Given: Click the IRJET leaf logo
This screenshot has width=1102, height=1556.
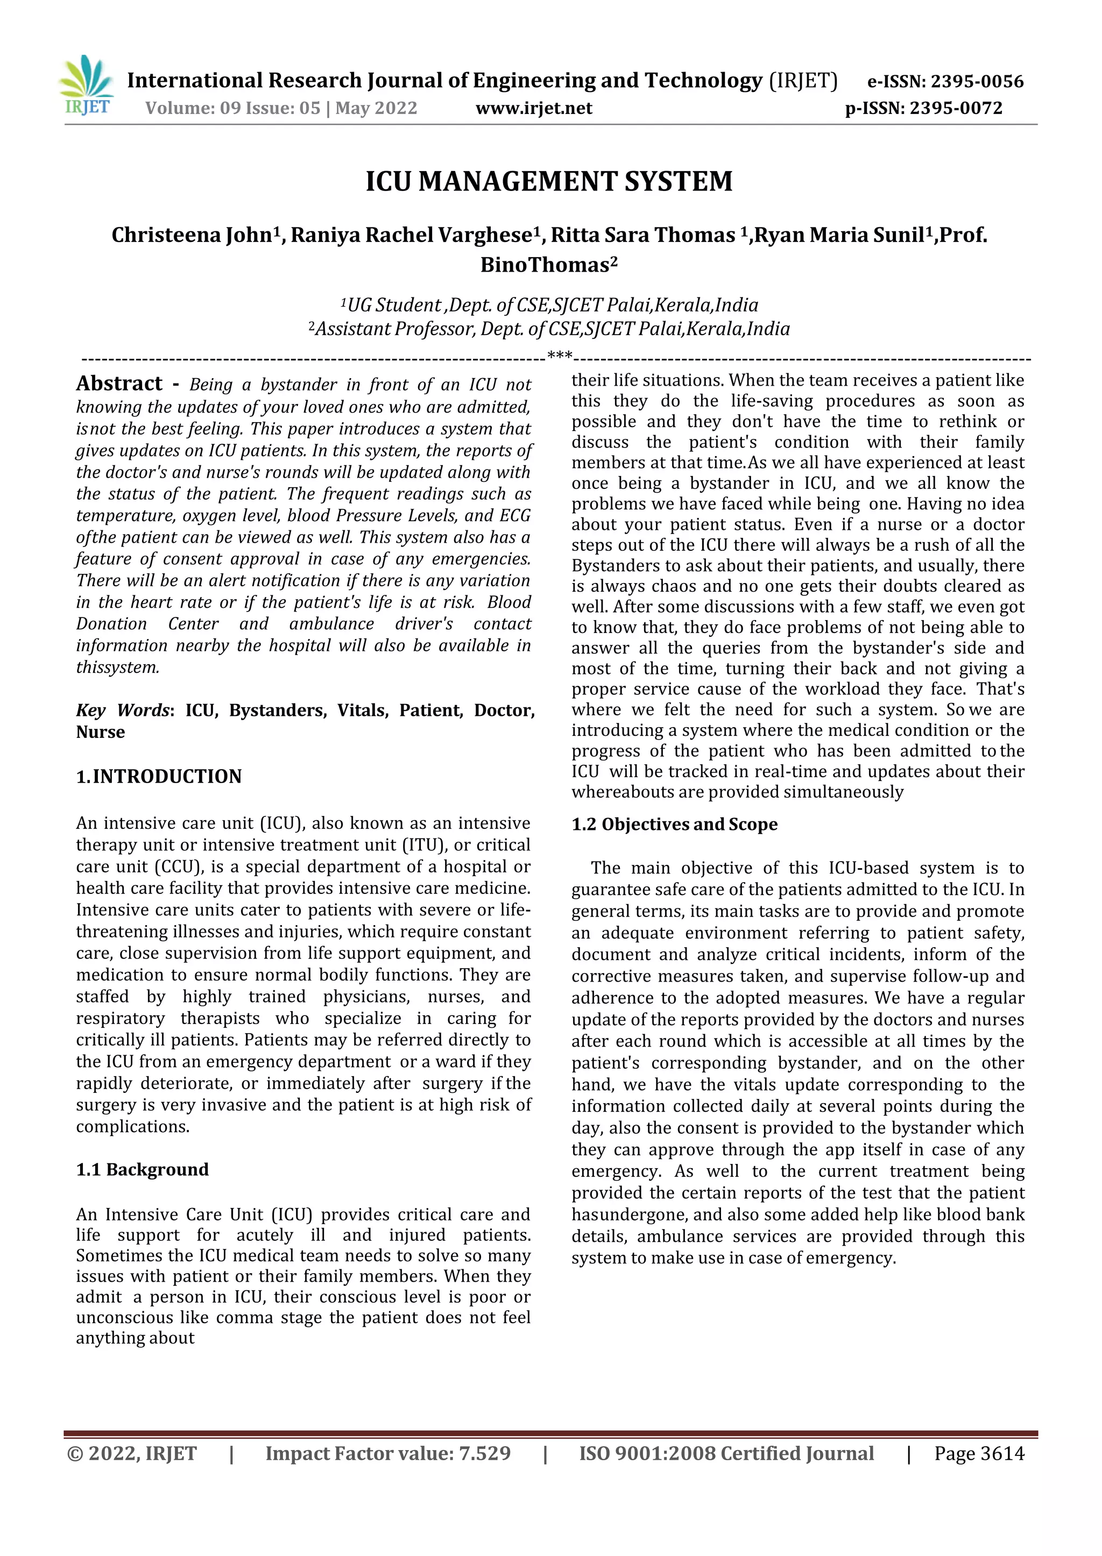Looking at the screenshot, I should click(x=87, y=85).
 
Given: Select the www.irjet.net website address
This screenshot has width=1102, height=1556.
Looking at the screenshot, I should click(x=533, y=109).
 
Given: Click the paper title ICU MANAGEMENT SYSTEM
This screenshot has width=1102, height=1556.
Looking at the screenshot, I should click(x=549, y=182).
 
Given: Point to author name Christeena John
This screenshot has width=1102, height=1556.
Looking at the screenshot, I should click(x=192, y=236).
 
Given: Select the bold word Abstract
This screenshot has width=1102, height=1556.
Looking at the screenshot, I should click(x=119, y=384).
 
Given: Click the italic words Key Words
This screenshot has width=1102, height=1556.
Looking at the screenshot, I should click(x=122, y=710).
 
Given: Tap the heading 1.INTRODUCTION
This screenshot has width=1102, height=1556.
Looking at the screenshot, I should click(x=159, y=777).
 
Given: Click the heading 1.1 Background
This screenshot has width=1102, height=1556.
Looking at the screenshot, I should click(x=143, y=1169).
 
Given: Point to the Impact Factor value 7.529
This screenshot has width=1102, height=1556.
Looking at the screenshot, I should click(x=387, y=1454).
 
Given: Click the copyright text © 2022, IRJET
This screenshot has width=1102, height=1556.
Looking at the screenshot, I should click(x=132, y=1454).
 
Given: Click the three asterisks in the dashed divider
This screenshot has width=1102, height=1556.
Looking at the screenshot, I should click(x=559, y=356).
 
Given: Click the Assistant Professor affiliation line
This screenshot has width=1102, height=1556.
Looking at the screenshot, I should click(x=549, y=330).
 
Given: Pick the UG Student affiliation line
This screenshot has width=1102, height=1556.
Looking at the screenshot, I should click(x=549, y=306).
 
